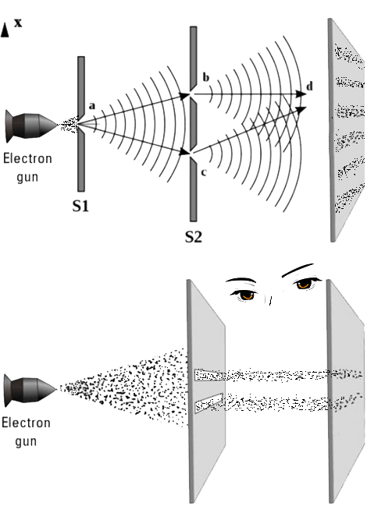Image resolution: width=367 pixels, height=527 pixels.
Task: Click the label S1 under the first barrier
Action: [80, 206]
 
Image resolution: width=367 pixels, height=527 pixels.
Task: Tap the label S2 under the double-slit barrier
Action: [194, 237]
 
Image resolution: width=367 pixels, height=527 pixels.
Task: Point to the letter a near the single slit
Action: [92, 106]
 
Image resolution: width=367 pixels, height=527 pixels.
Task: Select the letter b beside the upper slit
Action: [205, 77]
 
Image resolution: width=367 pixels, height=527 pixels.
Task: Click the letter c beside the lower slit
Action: [203, 173]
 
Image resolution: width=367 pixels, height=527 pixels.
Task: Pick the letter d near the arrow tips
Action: [309, 87]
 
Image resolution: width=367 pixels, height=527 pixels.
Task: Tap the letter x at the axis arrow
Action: [18, 23]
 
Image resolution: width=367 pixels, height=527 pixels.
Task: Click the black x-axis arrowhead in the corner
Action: [5, 30]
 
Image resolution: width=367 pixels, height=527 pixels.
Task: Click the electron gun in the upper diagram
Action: [31, 126]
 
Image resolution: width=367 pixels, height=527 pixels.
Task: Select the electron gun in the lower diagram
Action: [30, 391]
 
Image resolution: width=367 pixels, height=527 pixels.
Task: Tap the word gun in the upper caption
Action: [27, 177]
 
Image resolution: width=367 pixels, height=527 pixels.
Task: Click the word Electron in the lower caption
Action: [26, 423]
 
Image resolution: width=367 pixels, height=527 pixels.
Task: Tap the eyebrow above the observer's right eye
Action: [298, 270]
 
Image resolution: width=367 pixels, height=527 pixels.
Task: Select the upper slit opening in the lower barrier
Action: [208, 375]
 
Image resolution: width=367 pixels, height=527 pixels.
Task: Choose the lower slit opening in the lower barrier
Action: [208, 402]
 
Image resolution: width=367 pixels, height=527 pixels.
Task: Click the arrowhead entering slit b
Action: [185, 96]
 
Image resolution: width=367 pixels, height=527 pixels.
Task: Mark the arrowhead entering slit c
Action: [185, 152]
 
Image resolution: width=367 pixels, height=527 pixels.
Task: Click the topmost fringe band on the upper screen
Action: [348, 55]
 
